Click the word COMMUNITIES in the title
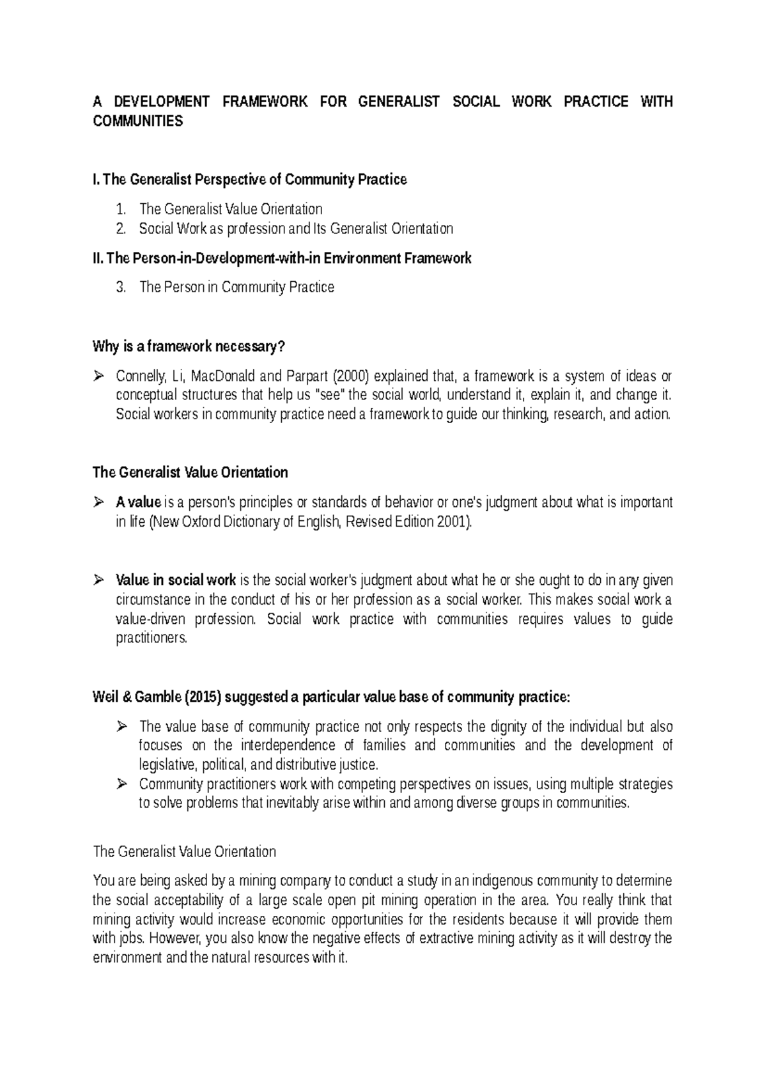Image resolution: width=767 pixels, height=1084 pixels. tap(137, 121)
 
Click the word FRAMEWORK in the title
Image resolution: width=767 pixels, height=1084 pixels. tap(265, 102)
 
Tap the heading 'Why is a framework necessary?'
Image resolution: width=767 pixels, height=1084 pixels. tap(189, 346)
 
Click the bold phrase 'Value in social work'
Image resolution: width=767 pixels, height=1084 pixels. tap(176, 580)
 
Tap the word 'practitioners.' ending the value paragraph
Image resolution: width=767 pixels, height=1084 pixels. tap(151, 638)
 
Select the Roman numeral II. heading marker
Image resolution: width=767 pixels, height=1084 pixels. tap(98, 258)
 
